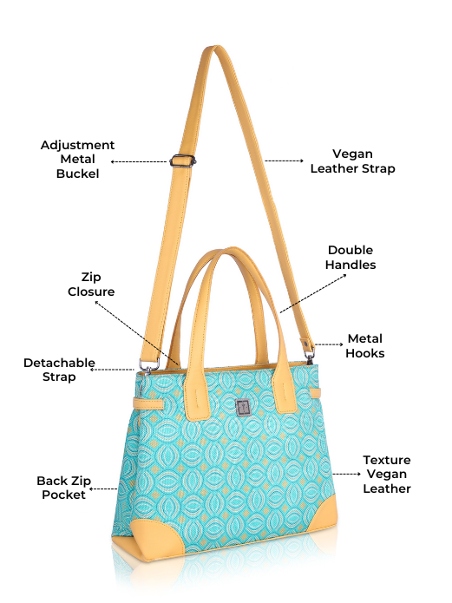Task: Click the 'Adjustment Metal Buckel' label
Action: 78,160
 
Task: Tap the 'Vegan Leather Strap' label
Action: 353,161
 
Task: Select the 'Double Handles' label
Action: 350,258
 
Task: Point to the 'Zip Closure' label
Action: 91,285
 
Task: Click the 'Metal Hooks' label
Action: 365,345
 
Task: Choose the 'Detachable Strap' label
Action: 59,370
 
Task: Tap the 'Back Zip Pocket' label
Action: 64,488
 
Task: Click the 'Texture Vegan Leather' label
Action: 387,475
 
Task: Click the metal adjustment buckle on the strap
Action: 182,161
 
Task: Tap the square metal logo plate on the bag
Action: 243,408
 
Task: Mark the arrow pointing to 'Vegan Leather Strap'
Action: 285,161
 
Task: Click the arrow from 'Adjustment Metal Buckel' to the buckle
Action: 139,161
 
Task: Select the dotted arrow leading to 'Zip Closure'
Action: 136,333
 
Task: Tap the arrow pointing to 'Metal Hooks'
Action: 329,344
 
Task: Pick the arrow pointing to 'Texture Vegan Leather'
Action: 347,474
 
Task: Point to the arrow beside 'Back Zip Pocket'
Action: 103,488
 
